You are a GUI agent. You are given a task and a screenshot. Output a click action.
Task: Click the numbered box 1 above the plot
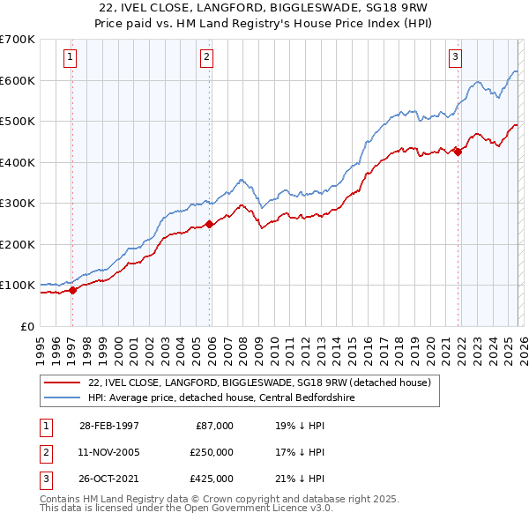click(71, 58)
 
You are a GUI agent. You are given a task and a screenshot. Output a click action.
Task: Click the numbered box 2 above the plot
click(206, 58)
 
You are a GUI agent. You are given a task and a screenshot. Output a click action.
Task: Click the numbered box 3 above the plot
click(455, 58)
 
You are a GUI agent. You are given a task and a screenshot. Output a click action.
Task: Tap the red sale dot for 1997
click(73, 291)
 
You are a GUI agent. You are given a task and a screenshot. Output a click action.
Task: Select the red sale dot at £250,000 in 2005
click(209, 224)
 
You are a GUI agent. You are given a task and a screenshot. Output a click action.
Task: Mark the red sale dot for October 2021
click(458, 152)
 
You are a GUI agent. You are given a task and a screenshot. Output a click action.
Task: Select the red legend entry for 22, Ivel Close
click(258, 383)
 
